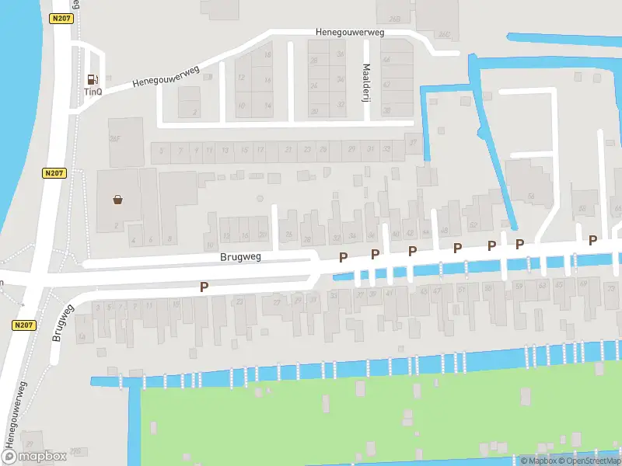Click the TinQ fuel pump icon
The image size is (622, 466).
pos(93,78)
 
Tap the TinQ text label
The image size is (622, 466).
pos(93,91)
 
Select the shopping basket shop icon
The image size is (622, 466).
pos(118,200)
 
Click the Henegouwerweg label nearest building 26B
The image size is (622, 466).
pos(350,33)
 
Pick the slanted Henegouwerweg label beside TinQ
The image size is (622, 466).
pos(166,75)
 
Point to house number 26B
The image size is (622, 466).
pos(395,19)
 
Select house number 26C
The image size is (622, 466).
pos(445,34)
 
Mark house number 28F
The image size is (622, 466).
pos(114,140)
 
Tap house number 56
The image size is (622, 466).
pos(531,196)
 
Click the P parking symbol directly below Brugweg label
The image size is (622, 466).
pos(204,287)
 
